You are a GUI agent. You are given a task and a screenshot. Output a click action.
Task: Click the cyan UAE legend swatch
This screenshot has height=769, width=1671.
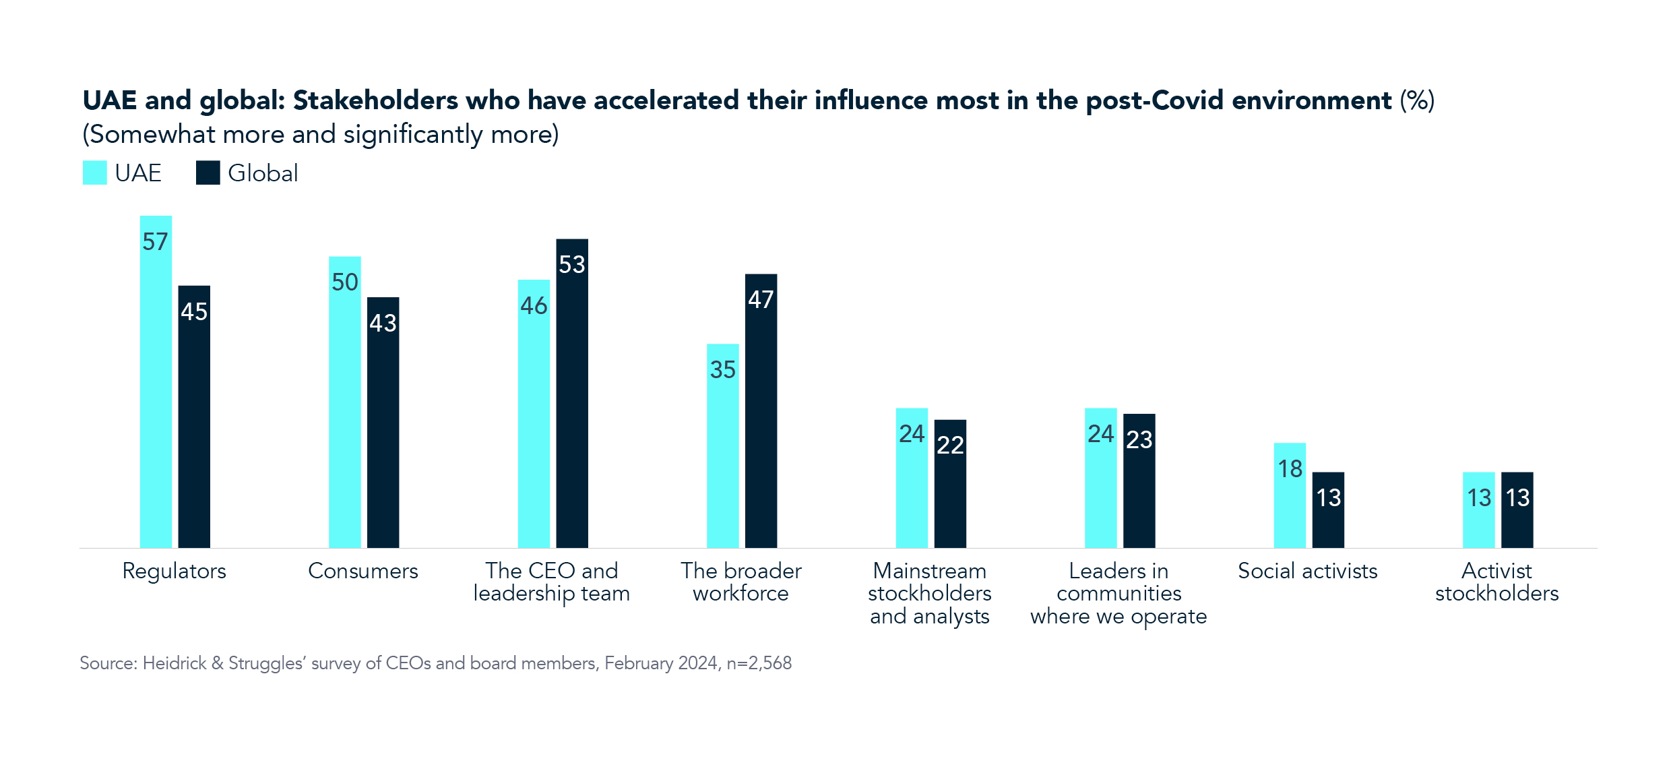[95, 173]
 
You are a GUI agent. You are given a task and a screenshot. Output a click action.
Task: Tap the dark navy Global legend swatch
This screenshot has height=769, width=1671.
[208, 173]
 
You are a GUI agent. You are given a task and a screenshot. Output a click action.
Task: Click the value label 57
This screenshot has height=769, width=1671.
[155, 242]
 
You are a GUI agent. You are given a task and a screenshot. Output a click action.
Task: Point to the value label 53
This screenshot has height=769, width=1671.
[572, 264]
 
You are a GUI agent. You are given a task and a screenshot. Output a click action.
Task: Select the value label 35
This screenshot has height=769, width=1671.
[722, 369]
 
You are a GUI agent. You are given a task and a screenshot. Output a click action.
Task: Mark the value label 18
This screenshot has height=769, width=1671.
[1290, 468]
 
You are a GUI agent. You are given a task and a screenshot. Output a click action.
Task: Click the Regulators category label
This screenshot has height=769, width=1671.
[174, 571]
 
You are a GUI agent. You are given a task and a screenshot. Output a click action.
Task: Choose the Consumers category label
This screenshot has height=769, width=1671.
[362, 571]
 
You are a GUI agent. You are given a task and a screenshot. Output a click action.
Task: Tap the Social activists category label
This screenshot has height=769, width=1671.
[1307, 571]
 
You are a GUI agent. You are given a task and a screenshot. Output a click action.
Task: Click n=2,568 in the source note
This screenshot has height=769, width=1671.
[759, 663]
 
